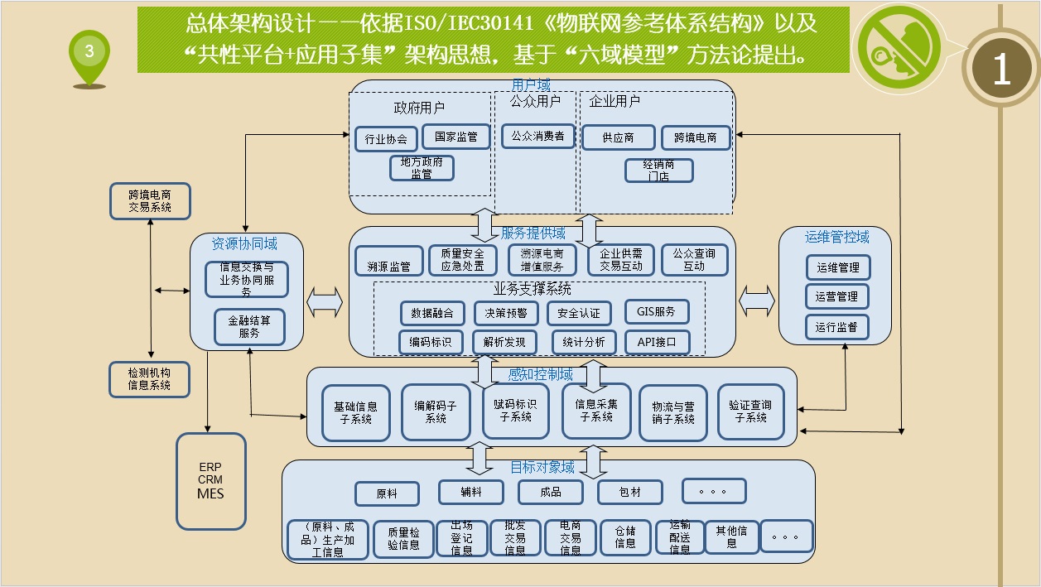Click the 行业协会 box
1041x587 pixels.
[x=386, y=139]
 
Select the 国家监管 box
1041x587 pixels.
[x=455, y=137]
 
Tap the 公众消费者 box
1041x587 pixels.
[x=537, y=136]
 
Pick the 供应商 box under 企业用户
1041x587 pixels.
[x=619, y=138]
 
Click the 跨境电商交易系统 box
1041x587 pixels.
[x=150, y=201]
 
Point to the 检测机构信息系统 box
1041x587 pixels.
[x=150, y=378]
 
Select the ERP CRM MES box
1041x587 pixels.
[x=210, y=481]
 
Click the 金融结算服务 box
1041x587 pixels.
[x=249, y=327]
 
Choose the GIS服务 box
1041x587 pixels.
[x=656, y=312]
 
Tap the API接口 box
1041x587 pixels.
[x=656, y=341]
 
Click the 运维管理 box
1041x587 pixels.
[x=837, y=267]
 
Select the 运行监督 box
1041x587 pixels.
[x=837, y=326]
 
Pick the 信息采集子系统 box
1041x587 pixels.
[x=596, y=411]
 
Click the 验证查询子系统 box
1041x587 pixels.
[x=750, y=411]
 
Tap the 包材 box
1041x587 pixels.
[x=630, y=492]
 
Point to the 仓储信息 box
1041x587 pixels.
[x=625, y=538]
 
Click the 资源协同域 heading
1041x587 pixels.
[x=244, y=243]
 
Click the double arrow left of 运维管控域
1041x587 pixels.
[x=756, y=299]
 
